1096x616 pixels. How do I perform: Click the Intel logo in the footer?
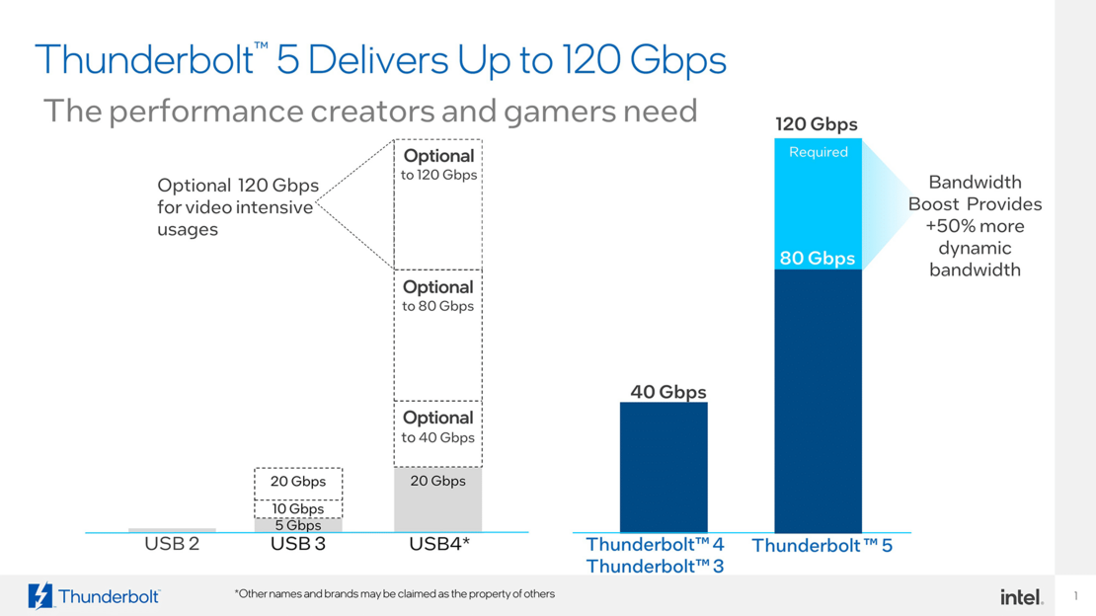pos(1021,596)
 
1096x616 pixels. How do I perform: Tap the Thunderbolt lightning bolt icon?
pos(40,596)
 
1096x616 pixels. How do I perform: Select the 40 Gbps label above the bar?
pos(667,392)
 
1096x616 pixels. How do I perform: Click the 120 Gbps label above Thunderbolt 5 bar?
pos(816,124)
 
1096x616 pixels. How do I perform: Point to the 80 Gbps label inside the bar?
pos(817,259)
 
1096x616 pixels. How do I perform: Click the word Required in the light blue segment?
pos(818,152)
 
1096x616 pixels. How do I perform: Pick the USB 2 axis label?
pos(172,544)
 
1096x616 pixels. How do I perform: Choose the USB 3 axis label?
pos(297,544)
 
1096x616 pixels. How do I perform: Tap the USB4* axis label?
pos(438,544)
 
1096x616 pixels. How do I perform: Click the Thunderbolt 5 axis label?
pos(822,545)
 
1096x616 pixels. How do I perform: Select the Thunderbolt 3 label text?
pos(655,567)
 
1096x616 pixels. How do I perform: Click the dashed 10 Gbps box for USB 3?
pos(298,508)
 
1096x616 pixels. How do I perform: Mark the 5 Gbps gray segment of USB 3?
pos(298,525)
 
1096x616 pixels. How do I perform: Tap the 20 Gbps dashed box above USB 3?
pos(298,483)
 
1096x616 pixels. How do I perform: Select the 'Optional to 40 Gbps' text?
pos(437,427)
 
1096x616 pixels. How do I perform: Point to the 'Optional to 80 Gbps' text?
pos(437,296)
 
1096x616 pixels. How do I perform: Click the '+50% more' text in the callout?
pos(974,226)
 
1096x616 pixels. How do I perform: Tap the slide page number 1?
pos(1075,596)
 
